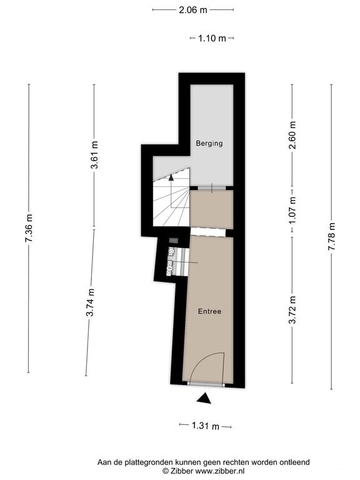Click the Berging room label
[x=209, y=143]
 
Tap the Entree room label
[x=210, y=311]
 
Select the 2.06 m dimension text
[x=193, y=10]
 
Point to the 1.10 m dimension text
[x=212, y=38]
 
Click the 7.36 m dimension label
[x=29, y=228]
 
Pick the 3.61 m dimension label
[x=94, y=155]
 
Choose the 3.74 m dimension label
[x=90, y=302]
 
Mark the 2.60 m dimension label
[x=292, y=135]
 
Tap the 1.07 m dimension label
[x=292, y=210]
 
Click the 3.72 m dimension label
[x=292, y=310]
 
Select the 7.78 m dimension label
[x=332, y=236]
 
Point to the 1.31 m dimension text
[x=206, y=426]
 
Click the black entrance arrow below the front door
[x=204, y=398]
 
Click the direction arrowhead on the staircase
[x=171, y=177]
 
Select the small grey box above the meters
[x=173, y=240]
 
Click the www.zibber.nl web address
[x=220, y=471]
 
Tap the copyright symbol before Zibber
[x=166, y=471]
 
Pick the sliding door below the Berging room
[x=212, y=188]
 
